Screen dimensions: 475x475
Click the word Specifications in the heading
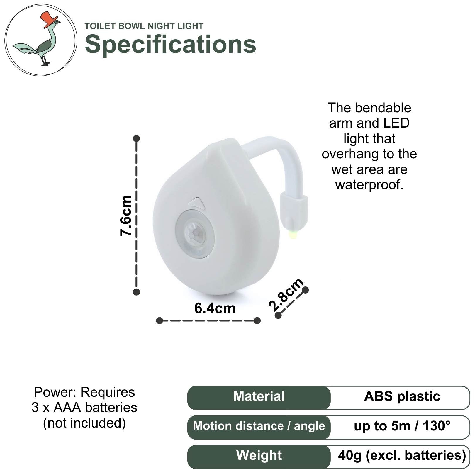click(170, 44)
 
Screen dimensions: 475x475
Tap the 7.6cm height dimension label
click(126, 216)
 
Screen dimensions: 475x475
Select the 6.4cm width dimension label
click(215, 308)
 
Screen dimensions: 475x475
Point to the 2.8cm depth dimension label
click(286, 295)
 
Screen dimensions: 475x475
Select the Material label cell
click(259, 398)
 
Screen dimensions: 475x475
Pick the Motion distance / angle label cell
click(259, 427)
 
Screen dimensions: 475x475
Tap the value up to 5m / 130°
click(402, 426)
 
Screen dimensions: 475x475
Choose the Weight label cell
click(259, 457)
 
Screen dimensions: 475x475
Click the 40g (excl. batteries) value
click(402, 455)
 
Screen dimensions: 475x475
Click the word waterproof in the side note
click(369, 185)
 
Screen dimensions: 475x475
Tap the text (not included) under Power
click(84, 423)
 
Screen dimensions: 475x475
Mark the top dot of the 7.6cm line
click(136, 138)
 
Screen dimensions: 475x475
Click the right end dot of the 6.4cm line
click(257, 320)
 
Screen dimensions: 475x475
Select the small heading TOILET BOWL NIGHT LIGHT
click(144, 26)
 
